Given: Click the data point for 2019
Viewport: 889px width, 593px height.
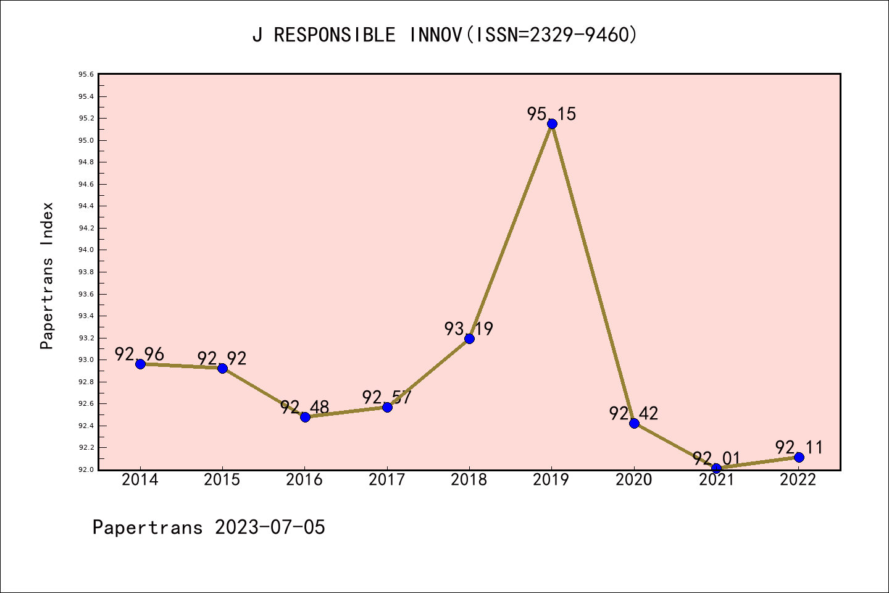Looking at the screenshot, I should click(552, 124).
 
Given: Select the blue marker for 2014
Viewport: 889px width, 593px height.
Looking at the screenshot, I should click(140, 364).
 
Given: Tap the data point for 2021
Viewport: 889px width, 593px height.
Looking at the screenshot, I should click(716, 468).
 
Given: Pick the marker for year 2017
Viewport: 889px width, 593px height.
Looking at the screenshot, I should click(387, 407).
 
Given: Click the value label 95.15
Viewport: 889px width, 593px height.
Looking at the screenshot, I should click(551, 114).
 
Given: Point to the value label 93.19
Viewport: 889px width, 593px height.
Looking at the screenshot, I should click(469, 329).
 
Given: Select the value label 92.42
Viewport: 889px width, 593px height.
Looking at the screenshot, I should click(633, 413).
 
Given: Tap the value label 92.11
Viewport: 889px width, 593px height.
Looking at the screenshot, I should click(799, 447).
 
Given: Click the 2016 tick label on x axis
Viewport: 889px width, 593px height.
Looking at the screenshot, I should click(304, 480).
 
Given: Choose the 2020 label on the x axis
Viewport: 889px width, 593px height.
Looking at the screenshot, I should click(633, 480).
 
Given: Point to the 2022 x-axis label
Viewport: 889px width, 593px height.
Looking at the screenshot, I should click(798, 480).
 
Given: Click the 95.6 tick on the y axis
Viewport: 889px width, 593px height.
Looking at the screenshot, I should click(86, 75).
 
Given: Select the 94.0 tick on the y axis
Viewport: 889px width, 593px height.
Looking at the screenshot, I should click(86, 250).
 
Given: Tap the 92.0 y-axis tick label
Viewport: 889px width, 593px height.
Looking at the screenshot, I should click(86, 469).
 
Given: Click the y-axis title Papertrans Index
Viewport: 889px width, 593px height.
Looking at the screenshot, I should click(47, 275).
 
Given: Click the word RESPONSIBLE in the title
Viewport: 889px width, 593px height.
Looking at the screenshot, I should click(335, 35).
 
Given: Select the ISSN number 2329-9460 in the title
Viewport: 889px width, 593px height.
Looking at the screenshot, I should click(578, 35).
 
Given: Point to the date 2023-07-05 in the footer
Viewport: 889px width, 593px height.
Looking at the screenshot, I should click(270, 528).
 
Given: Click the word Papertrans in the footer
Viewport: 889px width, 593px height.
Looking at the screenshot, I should click(148, 528).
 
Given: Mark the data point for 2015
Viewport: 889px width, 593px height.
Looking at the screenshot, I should click(222, 368).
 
